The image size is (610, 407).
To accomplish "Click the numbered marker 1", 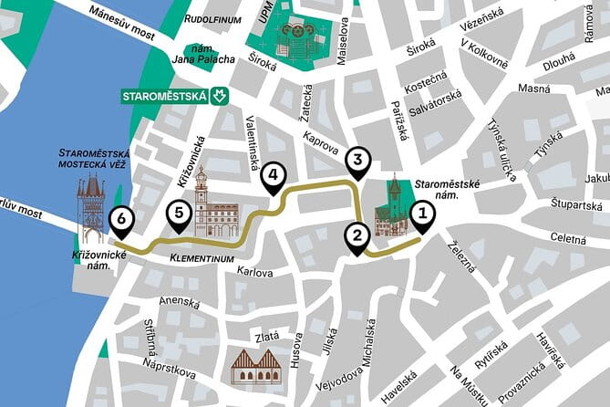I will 421,215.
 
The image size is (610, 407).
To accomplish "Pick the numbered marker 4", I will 273,176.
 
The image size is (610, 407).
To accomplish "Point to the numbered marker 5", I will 180,214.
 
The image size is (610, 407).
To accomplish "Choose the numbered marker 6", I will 119,219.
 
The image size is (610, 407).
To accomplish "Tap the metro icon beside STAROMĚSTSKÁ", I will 218,95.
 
